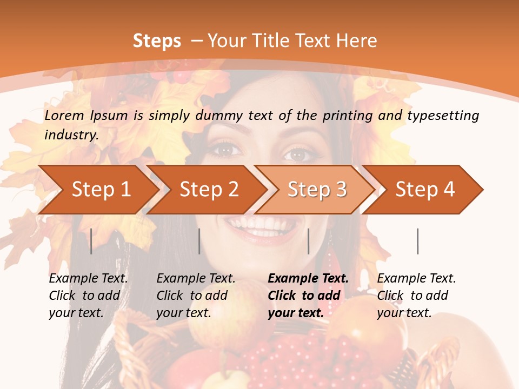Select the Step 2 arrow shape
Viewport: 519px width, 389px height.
pyautogui.click(x=209, y=190)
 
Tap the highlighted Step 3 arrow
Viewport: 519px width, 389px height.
pyautogui.click(x=317, y=190)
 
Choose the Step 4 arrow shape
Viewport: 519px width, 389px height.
pyautogui.click(x=425, y=190)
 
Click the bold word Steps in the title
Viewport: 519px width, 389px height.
pyautogui.click(x=157, y=41)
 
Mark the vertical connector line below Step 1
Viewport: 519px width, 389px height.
pyautogui.click(x=91, y=241)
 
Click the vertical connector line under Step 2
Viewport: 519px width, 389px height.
pyautogui.click(x=199, y=241)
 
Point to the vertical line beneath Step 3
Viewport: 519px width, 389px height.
pyautogui.click(x=308, y=241)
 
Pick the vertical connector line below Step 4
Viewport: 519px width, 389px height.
pyautogui.click(x=417, y=241)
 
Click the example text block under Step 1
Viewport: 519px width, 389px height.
pyautogui.click(x=88, y=296)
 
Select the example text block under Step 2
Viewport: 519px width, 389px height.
pyautogui.click(x=196, y=296)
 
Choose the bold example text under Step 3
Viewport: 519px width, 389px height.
pyautogui.click(x=308, y=296)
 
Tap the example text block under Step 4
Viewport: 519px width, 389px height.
pyautogui.click(x=416, y=296)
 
